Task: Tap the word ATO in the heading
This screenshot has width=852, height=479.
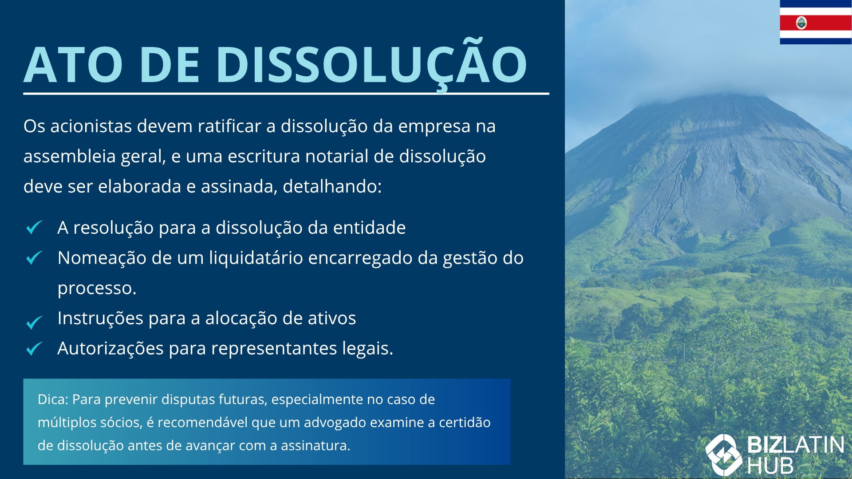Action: point(73,65)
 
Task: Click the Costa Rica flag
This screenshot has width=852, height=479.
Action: point(816,22)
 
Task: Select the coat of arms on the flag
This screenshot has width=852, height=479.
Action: point(801,23)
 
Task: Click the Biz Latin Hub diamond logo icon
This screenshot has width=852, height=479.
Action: point(724,455)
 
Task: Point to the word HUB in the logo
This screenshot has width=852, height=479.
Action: point(770,466)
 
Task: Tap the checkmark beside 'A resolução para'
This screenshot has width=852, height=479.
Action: point(34,227)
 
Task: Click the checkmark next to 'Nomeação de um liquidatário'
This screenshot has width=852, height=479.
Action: point(34,257)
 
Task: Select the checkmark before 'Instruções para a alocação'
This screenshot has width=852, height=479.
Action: point(34,322)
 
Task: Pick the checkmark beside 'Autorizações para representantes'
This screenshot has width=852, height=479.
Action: point(34,349)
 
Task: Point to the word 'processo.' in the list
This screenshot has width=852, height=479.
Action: point(97,289)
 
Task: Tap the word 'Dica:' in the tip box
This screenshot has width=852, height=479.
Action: point(53,400)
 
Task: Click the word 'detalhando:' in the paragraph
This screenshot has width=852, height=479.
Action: point(332,187)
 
